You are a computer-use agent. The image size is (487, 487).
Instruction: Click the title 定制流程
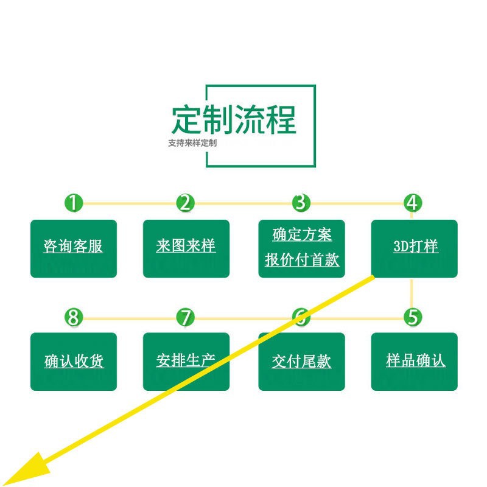233,120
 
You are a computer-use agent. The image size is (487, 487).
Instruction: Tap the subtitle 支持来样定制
192,144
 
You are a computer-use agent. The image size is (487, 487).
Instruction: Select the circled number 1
74,203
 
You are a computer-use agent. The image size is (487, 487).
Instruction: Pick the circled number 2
186,203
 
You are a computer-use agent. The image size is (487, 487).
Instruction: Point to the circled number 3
301,203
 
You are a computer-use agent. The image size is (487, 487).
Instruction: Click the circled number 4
413,203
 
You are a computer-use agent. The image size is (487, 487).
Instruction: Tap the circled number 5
413,317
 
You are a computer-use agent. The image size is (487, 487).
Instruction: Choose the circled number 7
186,317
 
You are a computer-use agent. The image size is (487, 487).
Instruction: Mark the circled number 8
74,317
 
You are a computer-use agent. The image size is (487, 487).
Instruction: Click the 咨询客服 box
74,248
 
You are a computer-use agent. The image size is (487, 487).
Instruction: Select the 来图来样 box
186,248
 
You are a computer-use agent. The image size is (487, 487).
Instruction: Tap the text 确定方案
302,234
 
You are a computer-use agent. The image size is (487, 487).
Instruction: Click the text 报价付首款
302,261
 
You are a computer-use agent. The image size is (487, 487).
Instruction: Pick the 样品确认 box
415,362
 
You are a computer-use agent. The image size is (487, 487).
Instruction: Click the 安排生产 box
186,362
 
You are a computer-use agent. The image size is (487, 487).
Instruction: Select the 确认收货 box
74,362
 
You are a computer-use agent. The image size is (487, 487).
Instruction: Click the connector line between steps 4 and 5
412,292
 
